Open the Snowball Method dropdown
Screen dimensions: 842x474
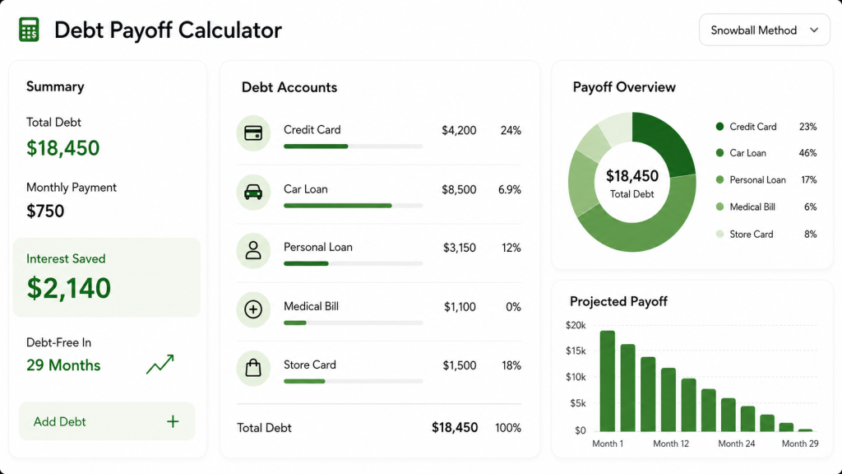pos(764,30)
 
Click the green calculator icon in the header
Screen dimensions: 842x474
pos(29,30)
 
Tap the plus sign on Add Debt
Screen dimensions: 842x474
pos(173,422)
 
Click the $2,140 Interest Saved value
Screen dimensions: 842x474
pos(69,288)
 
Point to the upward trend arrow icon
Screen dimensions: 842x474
pos(160,364)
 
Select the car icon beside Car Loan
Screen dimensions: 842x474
pos(253,192)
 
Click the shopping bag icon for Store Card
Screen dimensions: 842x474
pos(253,368)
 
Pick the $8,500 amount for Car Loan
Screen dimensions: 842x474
pos(459,190)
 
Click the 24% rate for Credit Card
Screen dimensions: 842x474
pos(511,131)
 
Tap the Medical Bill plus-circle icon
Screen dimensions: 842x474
pos(253,309)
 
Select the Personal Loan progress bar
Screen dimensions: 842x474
pos(354,263)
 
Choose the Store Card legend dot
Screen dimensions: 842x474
pos(719,234)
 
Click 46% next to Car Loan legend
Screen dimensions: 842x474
pos(807,153)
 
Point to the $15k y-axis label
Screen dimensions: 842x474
pos(576,351)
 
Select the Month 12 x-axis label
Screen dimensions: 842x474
pos(671,444)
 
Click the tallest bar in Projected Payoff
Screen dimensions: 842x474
pos(608,381)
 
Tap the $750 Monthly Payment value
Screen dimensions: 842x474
pos(45,211)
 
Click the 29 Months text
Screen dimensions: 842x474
pos(63,365)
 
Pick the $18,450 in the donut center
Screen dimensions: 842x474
pos(632,176)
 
